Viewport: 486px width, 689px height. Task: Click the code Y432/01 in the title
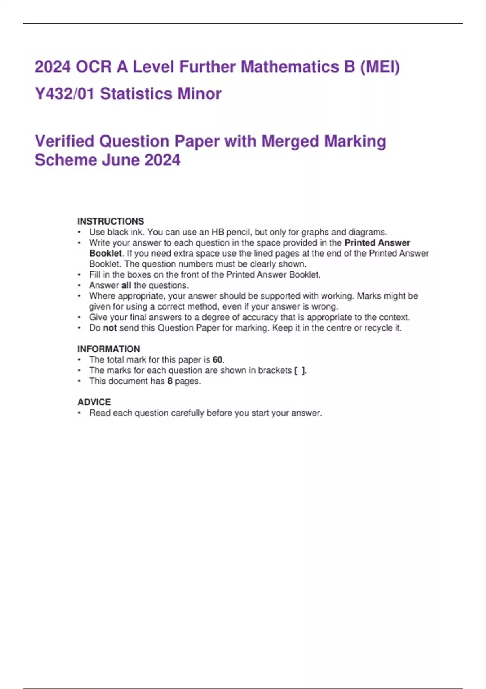point(64,94)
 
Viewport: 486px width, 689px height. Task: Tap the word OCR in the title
point(94,67)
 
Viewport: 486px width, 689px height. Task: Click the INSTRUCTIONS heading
point(111,221)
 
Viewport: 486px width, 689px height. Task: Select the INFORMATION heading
point(109,349)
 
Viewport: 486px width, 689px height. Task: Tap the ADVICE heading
point(94,402)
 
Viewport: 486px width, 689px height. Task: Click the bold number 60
point(217,360)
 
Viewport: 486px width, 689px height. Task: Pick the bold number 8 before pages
point(170,381)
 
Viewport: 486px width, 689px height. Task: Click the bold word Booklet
point(105,253)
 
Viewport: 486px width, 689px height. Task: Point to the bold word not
point(110,328)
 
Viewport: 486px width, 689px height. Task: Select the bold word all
point(126,285)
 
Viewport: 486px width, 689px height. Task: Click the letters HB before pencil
point(218,232)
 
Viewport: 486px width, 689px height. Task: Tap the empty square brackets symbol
point(300,370)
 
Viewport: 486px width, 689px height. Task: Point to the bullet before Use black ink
point(79,232)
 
